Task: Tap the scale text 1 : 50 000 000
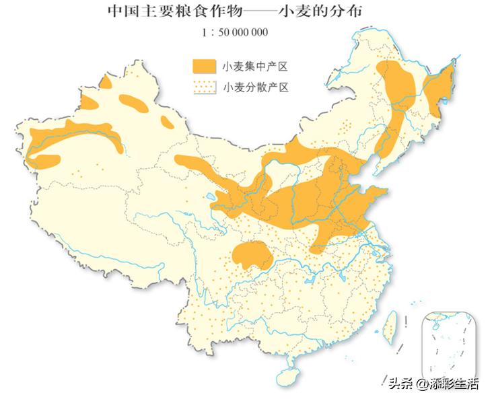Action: click(235, 31)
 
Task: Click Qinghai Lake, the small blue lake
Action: click(213, 197)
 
